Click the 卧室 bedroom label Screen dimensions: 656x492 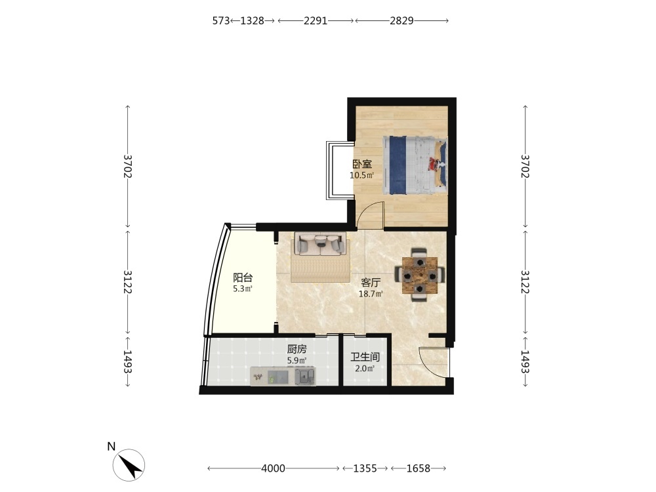tap(362, 164)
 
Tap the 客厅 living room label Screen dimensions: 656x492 tap(371, 283)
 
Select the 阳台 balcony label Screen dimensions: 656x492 tap(243, 277)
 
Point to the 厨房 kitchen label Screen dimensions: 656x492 tap(297, 349)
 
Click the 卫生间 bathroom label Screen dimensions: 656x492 tap(365, 357)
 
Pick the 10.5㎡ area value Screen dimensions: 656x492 tap(362, 175)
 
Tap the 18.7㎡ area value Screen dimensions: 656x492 tap(371, 294)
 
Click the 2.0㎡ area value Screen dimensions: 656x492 tap(365, 369)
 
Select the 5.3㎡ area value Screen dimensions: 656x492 tap(243, 289)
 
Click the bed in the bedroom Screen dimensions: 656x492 tap(415, 165)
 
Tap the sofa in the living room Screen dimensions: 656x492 tap(321, 243)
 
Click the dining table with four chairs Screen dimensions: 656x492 tap(420, 275)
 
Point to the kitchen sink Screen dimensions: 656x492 tap(304, 375)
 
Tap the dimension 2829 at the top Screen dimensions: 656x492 tap(401, 20)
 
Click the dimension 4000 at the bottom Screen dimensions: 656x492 tap(273, 468)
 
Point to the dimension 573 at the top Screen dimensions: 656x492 tap(221, 20)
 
